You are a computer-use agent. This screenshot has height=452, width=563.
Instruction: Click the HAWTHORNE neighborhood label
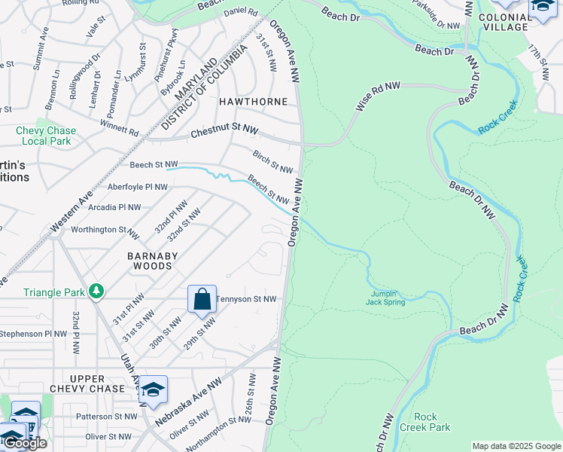coord(253,101)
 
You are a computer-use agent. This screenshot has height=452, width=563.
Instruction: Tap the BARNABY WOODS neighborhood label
coord(153,261)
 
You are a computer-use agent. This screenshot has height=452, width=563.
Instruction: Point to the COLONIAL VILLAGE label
coord(504,22)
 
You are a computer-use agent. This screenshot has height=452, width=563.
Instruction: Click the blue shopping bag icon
coord(202,299)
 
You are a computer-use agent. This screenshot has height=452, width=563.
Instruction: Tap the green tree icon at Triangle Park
coord(96,291)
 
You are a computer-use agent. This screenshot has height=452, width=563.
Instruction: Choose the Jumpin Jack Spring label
coord(387,298)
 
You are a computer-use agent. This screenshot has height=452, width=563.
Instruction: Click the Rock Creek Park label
coord(431,422)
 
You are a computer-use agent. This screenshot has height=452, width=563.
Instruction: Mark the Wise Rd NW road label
coord(376,99)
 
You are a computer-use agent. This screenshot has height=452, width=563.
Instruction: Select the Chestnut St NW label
coord(224,132)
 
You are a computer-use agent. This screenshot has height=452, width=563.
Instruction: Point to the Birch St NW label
coord(272,160)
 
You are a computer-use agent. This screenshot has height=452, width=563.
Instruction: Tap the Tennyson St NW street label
coord(246,299)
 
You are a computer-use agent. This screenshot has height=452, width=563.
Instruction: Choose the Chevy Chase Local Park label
coord(45,136)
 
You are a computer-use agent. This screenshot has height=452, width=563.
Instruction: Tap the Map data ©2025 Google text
coord(516,446)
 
